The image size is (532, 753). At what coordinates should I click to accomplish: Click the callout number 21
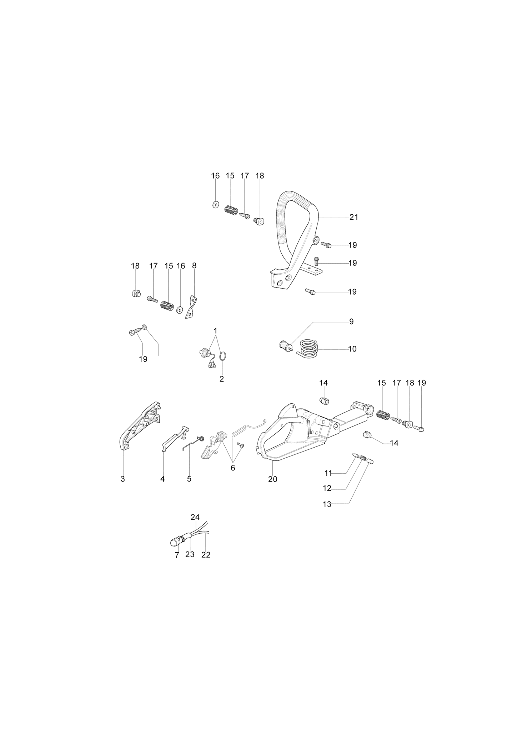coord(353,217)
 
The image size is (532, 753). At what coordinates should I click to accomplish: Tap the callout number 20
coord(272,479)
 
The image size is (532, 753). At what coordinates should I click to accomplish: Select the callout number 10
coord(352,349)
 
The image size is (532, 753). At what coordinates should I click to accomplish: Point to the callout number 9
coord(351,321)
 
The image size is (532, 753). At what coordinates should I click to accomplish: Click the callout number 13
coord(327,504)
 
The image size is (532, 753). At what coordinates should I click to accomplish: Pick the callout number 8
coord(194,266)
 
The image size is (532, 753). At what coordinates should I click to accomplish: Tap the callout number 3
coord(123,479)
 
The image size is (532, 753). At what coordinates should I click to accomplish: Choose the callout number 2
coord(222,379)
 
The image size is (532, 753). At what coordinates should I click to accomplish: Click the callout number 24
coord(195,517)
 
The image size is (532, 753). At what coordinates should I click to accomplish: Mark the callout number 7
coord(177,555)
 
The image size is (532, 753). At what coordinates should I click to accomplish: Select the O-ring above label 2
coord(222,356)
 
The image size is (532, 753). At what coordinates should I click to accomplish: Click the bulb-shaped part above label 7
coord(175,552)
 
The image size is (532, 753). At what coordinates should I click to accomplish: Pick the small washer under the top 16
coord(215,205)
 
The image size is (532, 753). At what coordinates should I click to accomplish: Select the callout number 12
coord(327,488)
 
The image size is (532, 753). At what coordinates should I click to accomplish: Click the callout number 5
coord(189,479)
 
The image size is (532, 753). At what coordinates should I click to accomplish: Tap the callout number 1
coord(215,330)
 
